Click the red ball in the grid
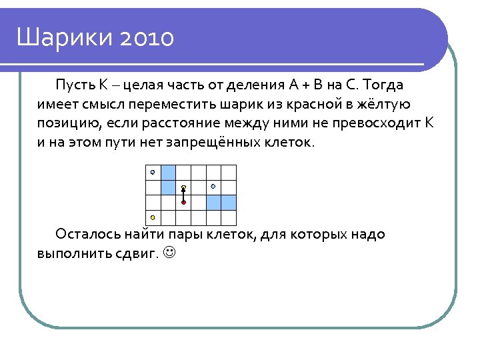pos(183,202)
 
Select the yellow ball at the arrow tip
pos(183,187)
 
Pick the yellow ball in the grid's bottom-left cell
pos(153,217)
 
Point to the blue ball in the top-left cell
pos(153,172)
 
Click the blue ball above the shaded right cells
pos(213,186)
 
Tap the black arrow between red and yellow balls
pos(183,195)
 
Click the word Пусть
pos(75,86)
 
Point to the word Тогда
pos(385,86)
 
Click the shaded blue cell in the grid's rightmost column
pos(229,202)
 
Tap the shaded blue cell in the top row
pos(168,172)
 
